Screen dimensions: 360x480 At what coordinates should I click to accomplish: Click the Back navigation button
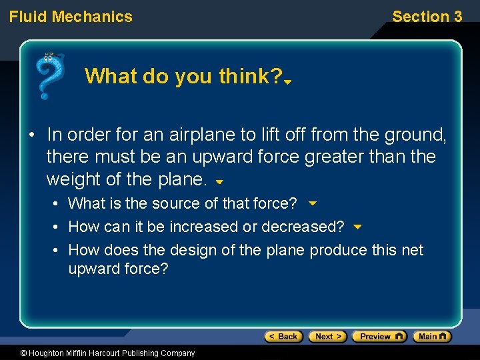click(x=283, y=337)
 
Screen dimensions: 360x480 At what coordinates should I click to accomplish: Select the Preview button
click(x=379, y=337)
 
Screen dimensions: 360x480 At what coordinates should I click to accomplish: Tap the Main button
click(x=431, y=337)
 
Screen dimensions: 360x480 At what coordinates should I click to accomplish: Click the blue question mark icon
click(x=51, y=75)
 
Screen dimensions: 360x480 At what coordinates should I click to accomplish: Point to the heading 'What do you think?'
click(x=183, y=77)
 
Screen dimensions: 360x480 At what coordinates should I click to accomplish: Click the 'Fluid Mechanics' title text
click(x=71, y=17)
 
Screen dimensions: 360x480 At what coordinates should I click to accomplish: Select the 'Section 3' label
click(x=427, y=17)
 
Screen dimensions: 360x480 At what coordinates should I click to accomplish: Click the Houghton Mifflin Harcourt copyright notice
click(x=98, y=353)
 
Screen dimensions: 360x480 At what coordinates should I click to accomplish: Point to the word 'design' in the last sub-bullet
click(x=193, y=250)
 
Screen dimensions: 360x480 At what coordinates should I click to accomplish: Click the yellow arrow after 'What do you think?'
click(x=288, y=82)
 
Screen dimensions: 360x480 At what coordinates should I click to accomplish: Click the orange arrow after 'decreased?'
click(x=357, y=227)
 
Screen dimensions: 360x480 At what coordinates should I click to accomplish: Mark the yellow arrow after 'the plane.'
click(x=219, y=181)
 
